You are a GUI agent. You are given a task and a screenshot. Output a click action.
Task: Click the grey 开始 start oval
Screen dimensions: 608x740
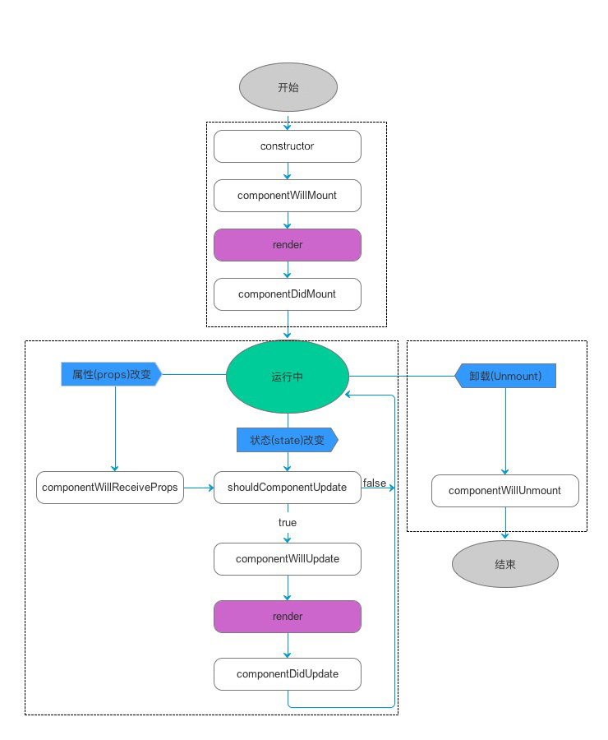click(288, 87)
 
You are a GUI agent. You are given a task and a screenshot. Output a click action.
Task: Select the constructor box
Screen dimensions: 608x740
click(288, 146)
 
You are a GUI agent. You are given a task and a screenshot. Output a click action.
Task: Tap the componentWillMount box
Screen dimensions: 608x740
click(288, 196)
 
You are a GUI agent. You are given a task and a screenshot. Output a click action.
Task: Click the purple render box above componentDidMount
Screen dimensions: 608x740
click(288, 245)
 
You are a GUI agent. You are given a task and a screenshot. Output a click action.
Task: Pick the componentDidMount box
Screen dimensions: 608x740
click(288, 294)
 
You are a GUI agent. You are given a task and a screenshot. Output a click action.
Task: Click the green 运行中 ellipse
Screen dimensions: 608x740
click(288, 377)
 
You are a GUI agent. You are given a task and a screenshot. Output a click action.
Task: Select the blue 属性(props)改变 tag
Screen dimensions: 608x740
click(112, 374)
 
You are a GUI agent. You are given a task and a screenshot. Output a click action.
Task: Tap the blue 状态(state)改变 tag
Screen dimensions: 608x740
click(288, 440)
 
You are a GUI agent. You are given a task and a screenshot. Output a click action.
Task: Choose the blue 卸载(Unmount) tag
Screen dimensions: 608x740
click(505, 376)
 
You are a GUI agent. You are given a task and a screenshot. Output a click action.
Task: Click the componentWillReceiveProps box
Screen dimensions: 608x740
click(110, 488)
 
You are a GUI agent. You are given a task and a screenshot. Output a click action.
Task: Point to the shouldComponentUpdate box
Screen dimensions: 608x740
click(288, 488)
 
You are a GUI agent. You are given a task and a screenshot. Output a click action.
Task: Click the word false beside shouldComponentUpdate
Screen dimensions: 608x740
click(375, 483)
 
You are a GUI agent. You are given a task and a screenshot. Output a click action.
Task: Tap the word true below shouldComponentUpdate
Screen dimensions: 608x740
click(288, 522)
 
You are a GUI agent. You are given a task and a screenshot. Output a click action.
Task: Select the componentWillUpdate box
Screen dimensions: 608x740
click(288, 559)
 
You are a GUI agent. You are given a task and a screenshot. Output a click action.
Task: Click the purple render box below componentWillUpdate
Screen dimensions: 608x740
click(288, 617)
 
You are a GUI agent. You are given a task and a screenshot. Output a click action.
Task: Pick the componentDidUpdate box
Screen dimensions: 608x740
click(288, 674)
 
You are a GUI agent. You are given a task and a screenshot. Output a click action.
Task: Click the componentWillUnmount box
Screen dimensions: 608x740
click(505, 491)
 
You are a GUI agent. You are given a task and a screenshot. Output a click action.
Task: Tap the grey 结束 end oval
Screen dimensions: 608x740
click(505, 564)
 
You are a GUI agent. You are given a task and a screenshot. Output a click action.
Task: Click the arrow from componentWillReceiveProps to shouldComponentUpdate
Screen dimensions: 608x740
click(199, 488)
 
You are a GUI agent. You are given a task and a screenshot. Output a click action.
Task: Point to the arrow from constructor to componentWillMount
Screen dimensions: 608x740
click(288, 171)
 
